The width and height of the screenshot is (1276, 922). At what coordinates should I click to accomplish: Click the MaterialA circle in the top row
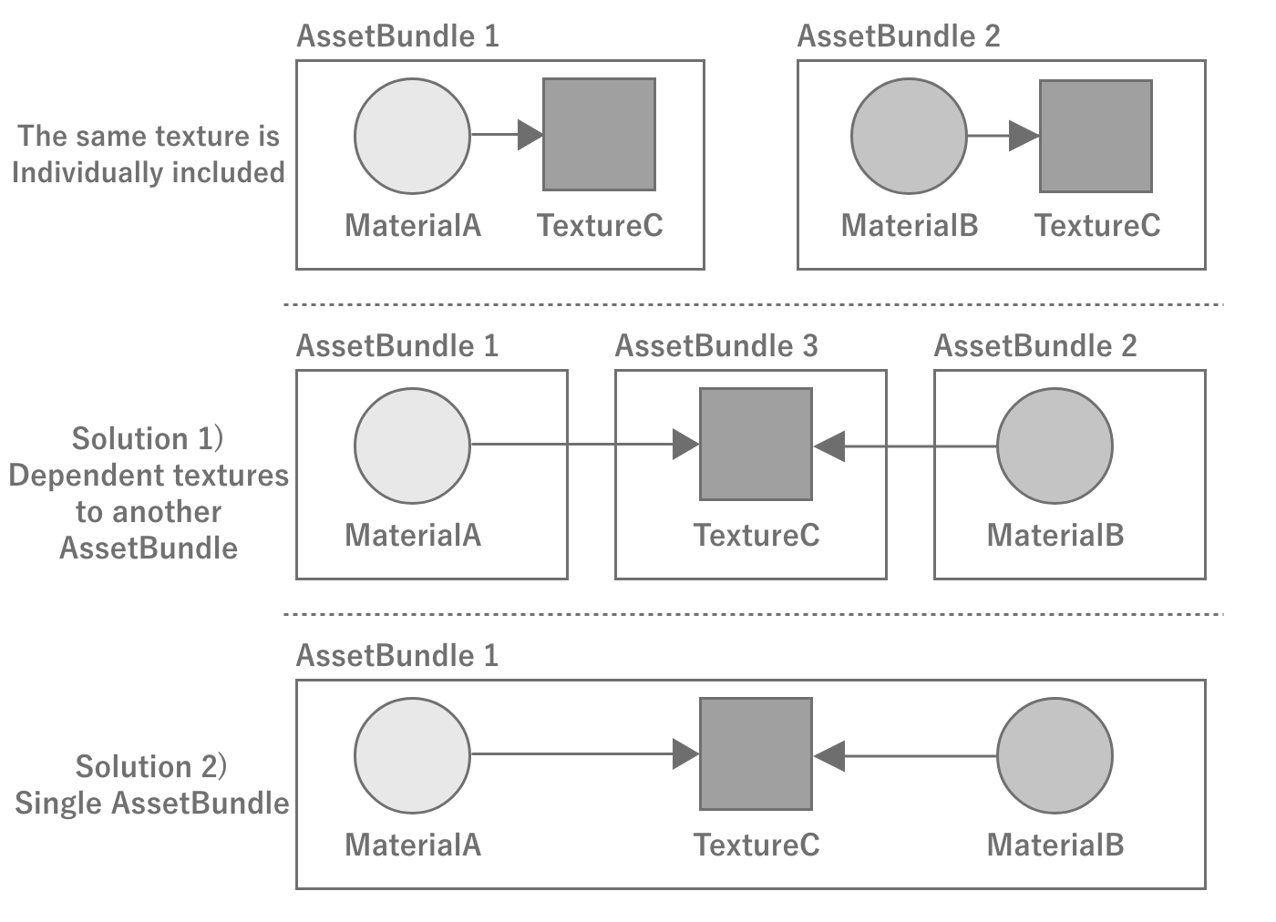[412, 136]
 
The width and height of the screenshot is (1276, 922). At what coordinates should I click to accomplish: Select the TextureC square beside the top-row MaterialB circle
[1096, 136]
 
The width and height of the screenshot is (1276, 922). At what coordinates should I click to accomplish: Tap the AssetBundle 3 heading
[716, 346]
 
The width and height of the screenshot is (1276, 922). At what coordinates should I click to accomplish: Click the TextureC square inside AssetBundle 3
[756, 445]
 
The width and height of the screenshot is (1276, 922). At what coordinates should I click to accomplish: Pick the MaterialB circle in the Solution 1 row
[1055, 446]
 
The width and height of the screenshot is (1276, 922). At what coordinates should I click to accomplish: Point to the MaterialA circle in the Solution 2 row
[412, 755]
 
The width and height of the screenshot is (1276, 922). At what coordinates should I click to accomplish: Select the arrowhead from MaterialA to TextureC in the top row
[530, 135]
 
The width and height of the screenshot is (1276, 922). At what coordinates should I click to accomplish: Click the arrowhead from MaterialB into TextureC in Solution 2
[829, 755]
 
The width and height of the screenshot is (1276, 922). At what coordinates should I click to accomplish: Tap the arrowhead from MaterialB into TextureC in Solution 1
[829, 446]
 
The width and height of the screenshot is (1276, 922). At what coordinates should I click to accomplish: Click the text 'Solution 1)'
[148, 438]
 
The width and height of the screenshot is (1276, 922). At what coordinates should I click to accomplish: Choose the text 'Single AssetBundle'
[151, 803]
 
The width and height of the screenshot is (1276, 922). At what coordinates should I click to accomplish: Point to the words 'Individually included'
[148, 172]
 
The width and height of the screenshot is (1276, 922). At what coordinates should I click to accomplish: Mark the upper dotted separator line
[753, 304]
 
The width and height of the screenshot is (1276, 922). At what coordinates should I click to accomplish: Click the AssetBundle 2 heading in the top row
[898, 36]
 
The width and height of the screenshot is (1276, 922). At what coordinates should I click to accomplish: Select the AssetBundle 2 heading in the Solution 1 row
[1035, 346]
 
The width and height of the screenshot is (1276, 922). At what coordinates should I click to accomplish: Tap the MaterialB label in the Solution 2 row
[1055, 845]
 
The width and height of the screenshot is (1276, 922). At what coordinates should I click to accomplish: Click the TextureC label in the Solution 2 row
[756, 845]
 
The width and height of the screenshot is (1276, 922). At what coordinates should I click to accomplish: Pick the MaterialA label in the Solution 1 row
[412, 535]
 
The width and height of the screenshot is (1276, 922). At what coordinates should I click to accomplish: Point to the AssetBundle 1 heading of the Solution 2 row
[397, 656]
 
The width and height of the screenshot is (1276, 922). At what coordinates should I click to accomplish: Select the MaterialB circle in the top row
[909, 136]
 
